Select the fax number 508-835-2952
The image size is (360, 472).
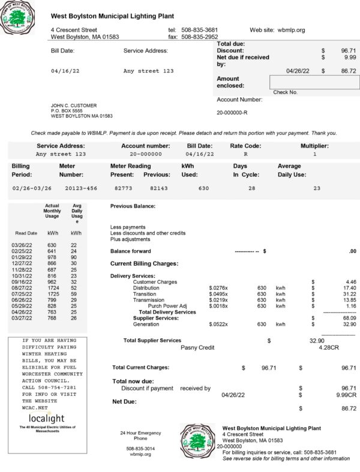[199, 37]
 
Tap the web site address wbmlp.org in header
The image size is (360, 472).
[292, 29]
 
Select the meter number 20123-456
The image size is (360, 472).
[81, 188]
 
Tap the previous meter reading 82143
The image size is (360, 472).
[159, 188]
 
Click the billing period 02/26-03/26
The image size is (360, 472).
[32, 188]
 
